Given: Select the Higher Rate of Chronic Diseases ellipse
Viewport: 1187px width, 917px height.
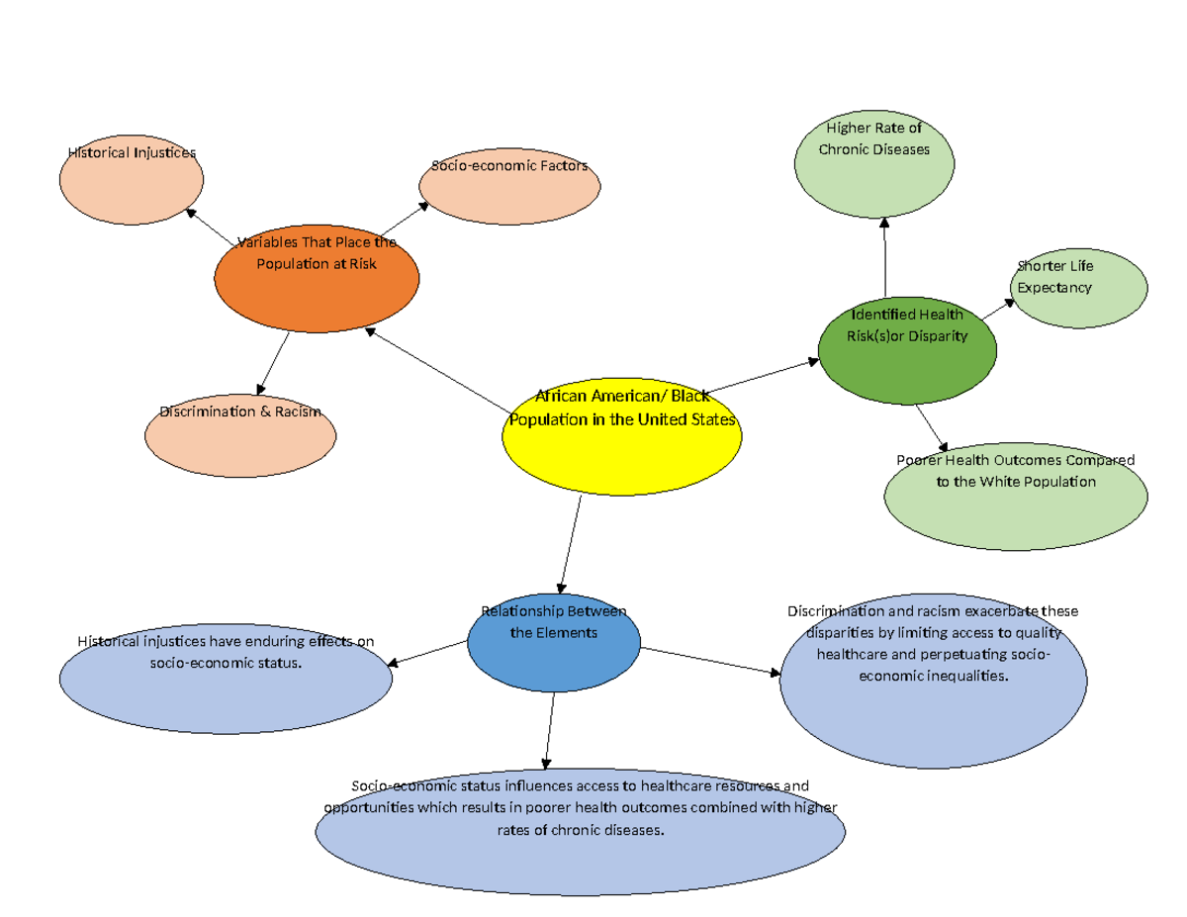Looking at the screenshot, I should [x=874, y=163].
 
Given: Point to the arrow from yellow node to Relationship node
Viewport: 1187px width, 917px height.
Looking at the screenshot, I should [x=570, y=544].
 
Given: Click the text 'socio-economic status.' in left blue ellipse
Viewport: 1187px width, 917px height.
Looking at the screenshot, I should [x=226, y=662].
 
